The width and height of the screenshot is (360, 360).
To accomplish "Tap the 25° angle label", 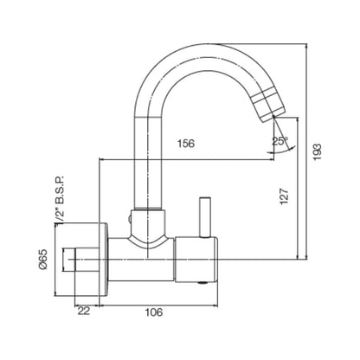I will click(x=280, y=140).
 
